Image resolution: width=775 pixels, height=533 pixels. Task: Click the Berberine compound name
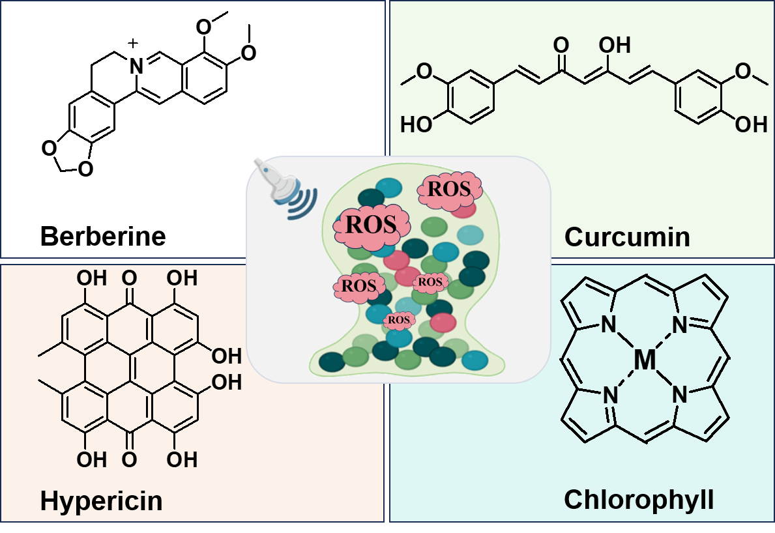(103, 237)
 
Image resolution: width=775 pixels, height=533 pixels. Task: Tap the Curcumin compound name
(627, 237)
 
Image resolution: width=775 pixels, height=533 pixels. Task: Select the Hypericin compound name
(101, 502)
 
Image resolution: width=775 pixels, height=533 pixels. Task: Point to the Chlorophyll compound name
(639, 500)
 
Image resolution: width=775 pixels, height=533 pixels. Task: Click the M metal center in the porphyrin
(645, 360)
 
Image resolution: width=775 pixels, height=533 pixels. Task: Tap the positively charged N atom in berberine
(136, 65)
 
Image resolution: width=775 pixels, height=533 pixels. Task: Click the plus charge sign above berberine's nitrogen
(134, 44)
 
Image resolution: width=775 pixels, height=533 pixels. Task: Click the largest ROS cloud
(370, 224)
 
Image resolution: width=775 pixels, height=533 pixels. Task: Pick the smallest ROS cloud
(399, 320)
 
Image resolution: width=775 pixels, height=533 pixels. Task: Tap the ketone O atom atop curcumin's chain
(561, 45)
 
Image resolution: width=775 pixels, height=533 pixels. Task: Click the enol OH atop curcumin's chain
(615, 45)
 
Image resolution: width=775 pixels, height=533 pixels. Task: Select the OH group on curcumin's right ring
(755, 124)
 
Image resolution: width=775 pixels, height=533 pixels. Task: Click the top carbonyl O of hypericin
(129, 279)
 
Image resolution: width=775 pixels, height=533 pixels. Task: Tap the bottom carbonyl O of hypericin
(129, 460)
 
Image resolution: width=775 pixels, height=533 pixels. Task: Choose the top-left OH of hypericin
(91, 279)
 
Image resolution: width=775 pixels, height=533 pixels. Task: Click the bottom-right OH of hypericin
(182, 460)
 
